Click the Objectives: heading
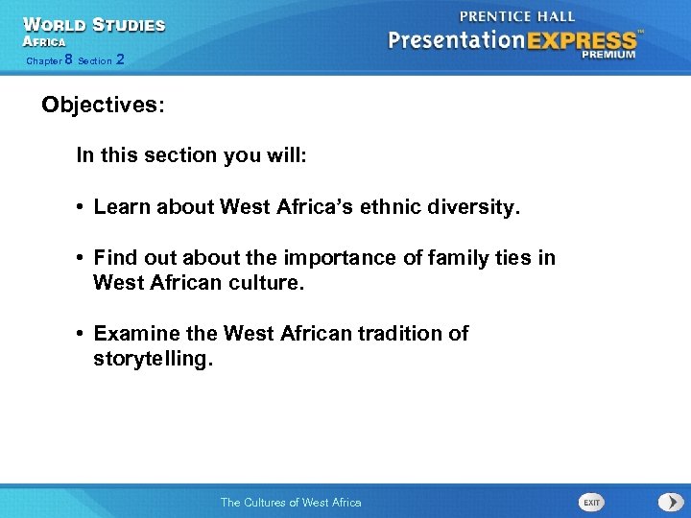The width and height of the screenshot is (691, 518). click(103, 105)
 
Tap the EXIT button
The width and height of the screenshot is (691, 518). click(592, 502)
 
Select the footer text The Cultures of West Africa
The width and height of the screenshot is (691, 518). click(291, 502)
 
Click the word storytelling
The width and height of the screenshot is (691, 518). click(151, 359)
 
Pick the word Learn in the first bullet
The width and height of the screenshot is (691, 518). click(121, 206)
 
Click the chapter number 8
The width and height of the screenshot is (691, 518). click(68, 59)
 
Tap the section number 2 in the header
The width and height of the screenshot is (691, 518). click(119, 59)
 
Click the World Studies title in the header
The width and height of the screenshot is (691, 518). click(94, 25)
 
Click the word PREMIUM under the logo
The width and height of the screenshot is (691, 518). click(608, 55)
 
